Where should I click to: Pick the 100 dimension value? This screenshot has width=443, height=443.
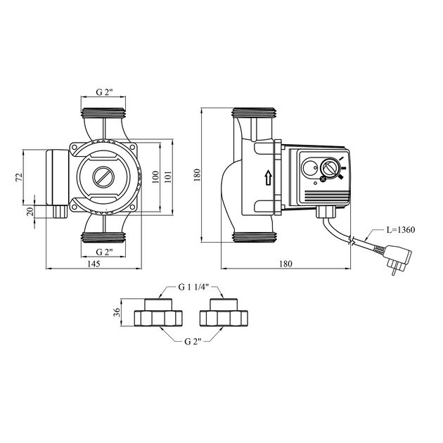155,176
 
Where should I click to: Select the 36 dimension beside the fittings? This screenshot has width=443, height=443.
118,313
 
